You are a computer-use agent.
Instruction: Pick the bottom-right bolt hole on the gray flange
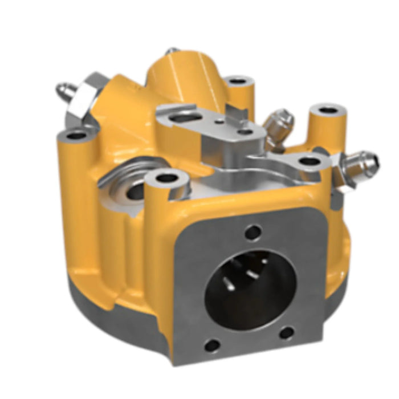pyautogui.click(x=287, y=333)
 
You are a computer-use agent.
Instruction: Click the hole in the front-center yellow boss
pyautogui.click(x=166, y=178)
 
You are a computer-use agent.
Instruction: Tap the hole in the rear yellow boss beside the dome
pyautogui.click(x=238, y=81)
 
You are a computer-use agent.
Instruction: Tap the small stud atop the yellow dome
pyautogui.click(x=171, y=52)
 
